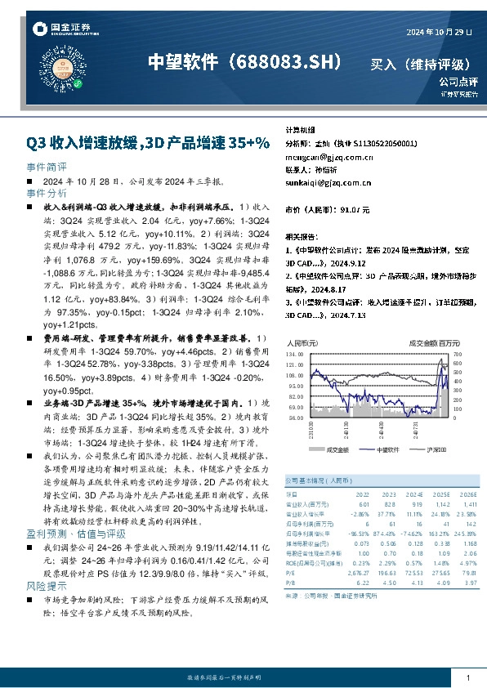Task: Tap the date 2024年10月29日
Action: [440, 31]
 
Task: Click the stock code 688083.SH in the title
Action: [284, 62]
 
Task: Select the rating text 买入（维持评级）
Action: [420, 64]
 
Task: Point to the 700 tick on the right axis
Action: [458, 355]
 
